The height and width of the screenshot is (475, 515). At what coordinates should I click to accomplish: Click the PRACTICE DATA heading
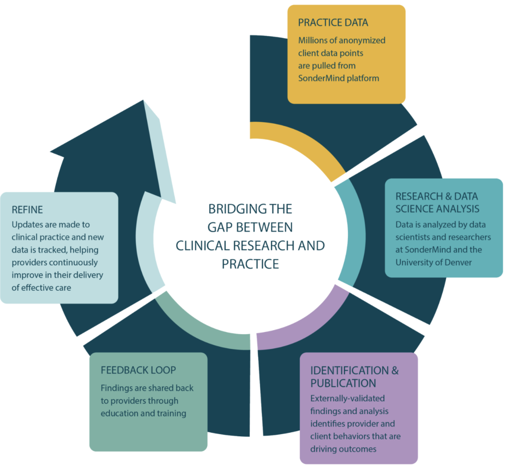333,23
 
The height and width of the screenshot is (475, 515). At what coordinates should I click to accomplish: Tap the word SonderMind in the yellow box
319,78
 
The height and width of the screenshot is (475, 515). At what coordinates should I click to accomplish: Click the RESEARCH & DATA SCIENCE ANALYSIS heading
437,202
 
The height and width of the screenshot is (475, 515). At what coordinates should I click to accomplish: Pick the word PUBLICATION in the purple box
343,383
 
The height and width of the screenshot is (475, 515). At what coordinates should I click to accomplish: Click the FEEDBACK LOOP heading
138,370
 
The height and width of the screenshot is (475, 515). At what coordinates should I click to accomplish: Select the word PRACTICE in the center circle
250,263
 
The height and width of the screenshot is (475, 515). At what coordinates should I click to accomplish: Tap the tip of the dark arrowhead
144,101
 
